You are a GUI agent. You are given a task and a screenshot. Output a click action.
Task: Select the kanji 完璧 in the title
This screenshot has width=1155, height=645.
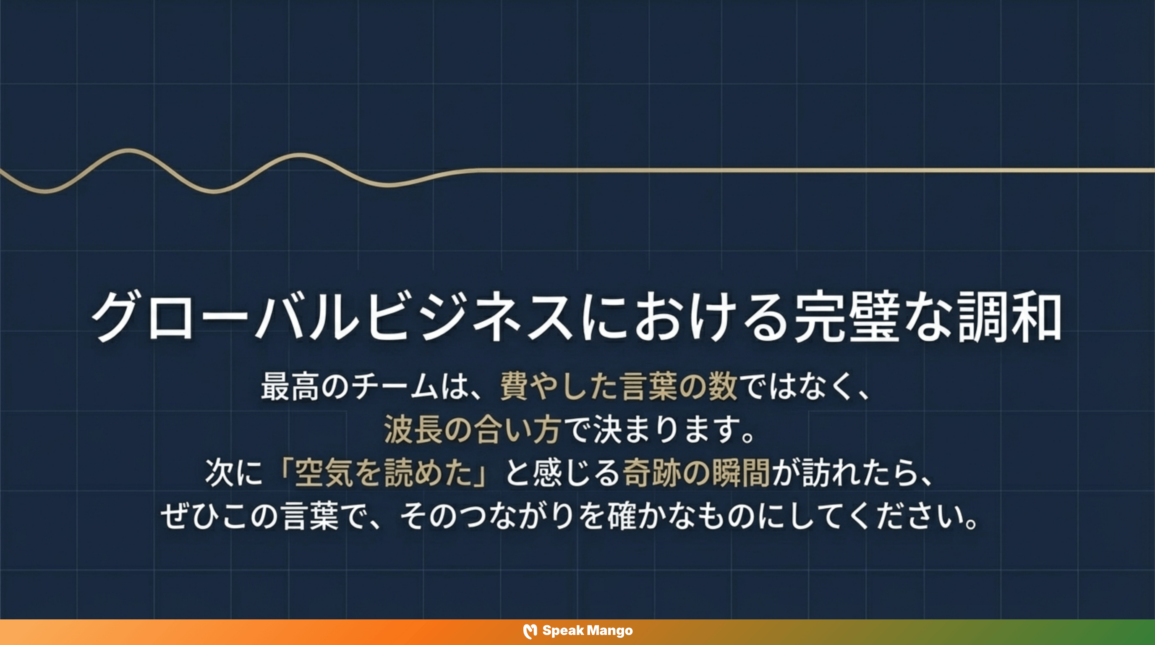click(x=847, y=316)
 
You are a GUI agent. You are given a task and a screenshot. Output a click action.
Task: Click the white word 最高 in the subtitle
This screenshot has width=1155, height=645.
click(x=290, y=386)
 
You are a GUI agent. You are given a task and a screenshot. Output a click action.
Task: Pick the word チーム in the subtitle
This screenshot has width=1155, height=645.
click(x=395, y=386)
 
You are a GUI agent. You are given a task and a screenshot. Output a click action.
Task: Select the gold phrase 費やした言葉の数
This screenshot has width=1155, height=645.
click(x=619, y=386)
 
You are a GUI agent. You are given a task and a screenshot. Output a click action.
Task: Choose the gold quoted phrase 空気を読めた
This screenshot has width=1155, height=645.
click(x=383, y=472)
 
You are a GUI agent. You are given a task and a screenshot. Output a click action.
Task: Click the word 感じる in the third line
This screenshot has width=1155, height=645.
click(x=577, y=472)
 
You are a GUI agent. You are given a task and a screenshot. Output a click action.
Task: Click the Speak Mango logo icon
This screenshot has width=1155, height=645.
click(x=530, y=631)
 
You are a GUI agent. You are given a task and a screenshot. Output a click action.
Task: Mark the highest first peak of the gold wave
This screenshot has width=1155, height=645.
click(x=129, y=150)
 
